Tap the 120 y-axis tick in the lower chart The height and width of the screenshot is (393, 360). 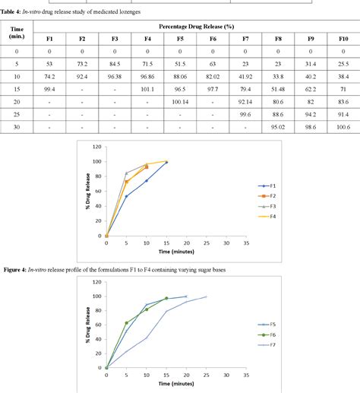pos(97,284)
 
